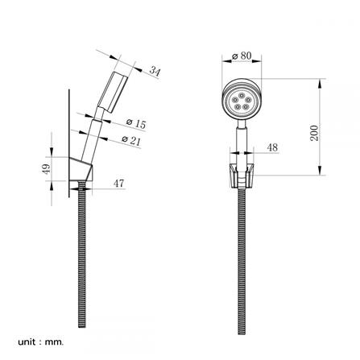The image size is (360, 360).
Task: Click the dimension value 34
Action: (x=155, y=72)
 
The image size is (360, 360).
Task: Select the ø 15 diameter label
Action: (x=136, y=123)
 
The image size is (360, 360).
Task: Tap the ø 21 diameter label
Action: (x=131, y=140)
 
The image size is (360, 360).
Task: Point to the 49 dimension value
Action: (x=47, y=169)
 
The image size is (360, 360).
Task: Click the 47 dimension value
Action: (x=118, y=184)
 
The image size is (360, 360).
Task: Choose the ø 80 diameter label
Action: (x=242, y=56)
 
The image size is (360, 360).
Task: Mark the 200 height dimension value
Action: (x=314, y=133)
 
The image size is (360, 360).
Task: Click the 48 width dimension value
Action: (x=272, y=147)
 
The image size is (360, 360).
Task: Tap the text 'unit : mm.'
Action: (x=41, y=342)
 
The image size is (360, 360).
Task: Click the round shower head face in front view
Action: (x=242, y=99)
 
